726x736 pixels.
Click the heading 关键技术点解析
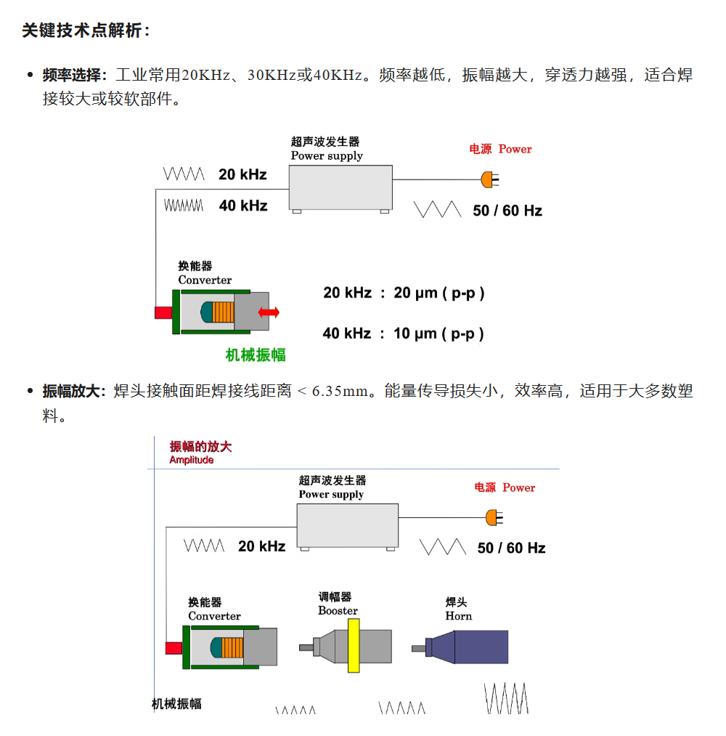click(x=82, y=31)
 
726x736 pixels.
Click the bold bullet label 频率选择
click(x=71, y=75)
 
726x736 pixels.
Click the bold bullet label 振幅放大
click(x=71, y=391)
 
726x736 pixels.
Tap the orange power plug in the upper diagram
click(x=489, y=179)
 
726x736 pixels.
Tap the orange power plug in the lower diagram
click(x=494, y=518)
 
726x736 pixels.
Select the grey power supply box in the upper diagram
click(x=340, y=187)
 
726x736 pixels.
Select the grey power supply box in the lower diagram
click(x=348, y=526)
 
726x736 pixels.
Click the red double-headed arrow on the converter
click(x=269, y=312)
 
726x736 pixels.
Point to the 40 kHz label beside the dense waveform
click(x=243, y=206)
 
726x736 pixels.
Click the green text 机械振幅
click(x=256, y=355)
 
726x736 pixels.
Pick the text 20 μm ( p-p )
click(x=439, y=293)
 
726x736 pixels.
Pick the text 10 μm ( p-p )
click(x=439, y=333)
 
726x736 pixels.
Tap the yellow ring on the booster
click(x=354, y=645)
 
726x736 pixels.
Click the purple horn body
click(x=473, y=647)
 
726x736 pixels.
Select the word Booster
click(x=338, y=611)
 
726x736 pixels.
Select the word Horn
click(x=459, y=616)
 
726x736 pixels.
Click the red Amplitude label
click(x=192, y=460)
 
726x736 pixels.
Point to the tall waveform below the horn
click(x=507, y=698)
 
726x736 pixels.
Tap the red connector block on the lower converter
click(x=174, y=648)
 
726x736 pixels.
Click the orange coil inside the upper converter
click(x=223, y=312)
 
